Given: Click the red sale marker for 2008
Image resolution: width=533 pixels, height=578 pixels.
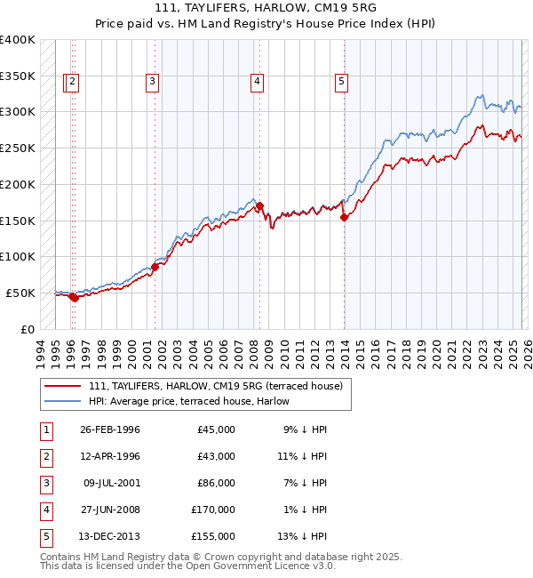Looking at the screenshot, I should coord(260,206).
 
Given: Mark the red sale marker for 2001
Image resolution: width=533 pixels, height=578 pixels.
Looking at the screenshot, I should coord(155,266).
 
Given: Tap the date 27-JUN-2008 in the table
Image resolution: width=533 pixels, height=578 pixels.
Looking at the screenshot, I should coord(109,510).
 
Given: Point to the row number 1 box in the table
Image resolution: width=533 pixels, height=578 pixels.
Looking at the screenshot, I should coord(45,429).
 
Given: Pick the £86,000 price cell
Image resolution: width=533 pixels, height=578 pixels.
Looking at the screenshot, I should coord(216,483).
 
